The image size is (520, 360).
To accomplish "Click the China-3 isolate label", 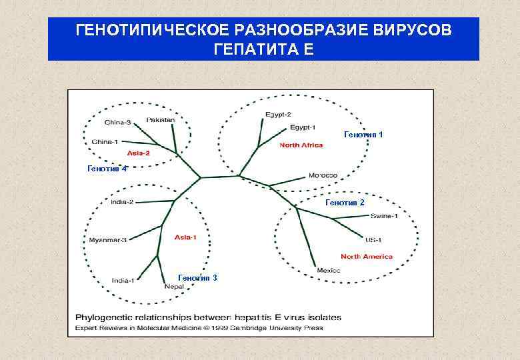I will (118, 123).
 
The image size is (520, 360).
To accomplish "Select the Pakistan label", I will (161, 120).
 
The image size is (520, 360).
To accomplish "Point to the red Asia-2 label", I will (138, 153).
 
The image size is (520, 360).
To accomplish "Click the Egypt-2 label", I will (278, 115).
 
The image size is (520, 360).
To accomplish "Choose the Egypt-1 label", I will (303, 127).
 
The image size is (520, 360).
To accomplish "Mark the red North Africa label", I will (301, 145).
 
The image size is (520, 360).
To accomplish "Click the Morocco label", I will (323, 176).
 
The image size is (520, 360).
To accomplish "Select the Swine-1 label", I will (385, 215).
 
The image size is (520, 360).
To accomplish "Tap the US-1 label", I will (373, 239).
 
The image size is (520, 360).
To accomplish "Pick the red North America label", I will (366, 257).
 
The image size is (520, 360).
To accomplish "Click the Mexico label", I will (328, 270).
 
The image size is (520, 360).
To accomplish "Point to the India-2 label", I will (122, 202).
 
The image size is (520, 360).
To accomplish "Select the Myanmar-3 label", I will (107, 239).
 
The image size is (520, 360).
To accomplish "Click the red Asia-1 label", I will (185, 237).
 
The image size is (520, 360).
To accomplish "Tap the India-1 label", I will (123, 280).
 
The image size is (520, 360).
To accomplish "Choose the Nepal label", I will (174, 287).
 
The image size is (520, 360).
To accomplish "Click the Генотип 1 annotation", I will (363, 135).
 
